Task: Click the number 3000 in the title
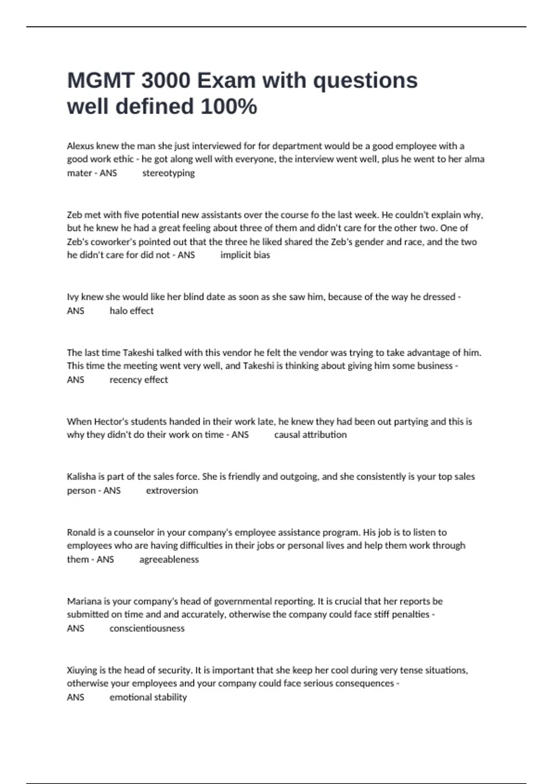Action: pyautogui.click(x=165, y=81)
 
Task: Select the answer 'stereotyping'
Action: pyautogui.click(x=168, y=173)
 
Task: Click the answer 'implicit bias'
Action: pyautogui.click(x=245, y=255)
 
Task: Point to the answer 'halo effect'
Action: pyautogui.click(x=131, y=311)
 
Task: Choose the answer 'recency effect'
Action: pyautogui.click(x=139, y=380)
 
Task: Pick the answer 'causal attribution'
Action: pyautogui.click(x=310, y=434)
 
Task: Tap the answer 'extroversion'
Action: pyautogui.click(x=172, y=490)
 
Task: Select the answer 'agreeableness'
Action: pyautogui.click(x=169, y=559)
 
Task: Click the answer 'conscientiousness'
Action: pyautogui.click(x=147, y=628)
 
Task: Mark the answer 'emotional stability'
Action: pyautogui.click(x=148, y=697)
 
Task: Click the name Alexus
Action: pyautogui.click(x=80, y=146)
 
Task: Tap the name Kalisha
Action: pyautogui.click(x=81, y=477)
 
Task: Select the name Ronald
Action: pyautogui.click(x=81, y=532)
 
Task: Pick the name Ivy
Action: pyautogui.click(x=73, y=297)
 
